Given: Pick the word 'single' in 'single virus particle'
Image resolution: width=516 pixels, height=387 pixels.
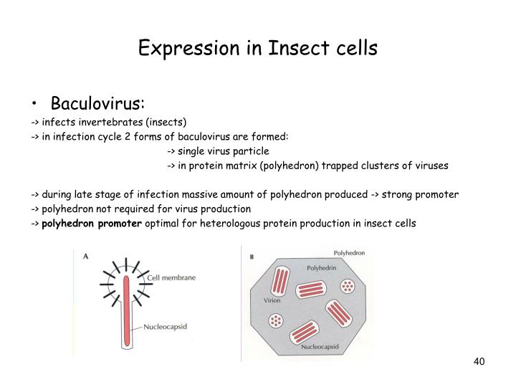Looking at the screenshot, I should pos(191,150).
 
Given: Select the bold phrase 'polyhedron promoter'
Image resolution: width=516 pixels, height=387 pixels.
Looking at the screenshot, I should pos(92,224).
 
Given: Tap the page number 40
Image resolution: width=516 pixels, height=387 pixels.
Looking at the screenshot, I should pos(479,361).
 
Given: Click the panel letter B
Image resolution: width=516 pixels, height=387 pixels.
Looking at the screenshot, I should pos(252,257).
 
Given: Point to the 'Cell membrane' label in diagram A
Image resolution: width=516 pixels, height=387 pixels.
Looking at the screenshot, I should pos(171,277).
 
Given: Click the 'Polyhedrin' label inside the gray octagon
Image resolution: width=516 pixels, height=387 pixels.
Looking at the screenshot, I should pos(322,268).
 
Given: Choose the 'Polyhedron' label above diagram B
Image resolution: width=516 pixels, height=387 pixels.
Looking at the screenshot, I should pos(349,253).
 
